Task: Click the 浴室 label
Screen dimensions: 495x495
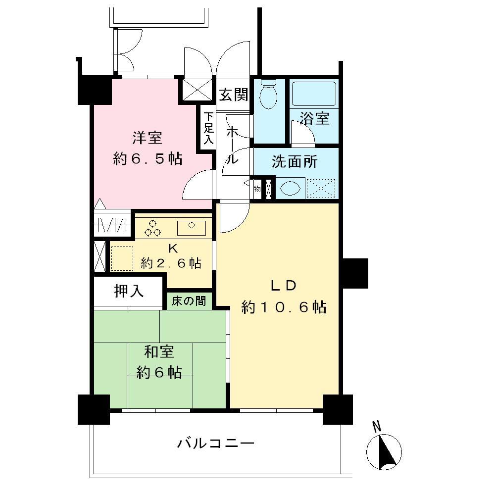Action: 315,119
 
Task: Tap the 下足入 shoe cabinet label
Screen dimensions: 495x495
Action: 208,128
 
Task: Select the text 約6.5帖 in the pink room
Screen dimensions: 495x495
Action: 148,159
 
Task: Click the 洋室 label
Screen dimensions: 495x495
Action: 148,137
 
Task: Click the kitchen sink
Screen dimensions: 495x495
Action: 191,227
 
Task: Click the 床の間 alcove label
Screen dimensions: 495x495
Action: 189,300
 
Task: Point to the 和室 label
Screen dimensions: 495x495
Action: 159,352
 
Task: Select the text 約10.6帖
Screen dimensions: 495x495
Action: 283,307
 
